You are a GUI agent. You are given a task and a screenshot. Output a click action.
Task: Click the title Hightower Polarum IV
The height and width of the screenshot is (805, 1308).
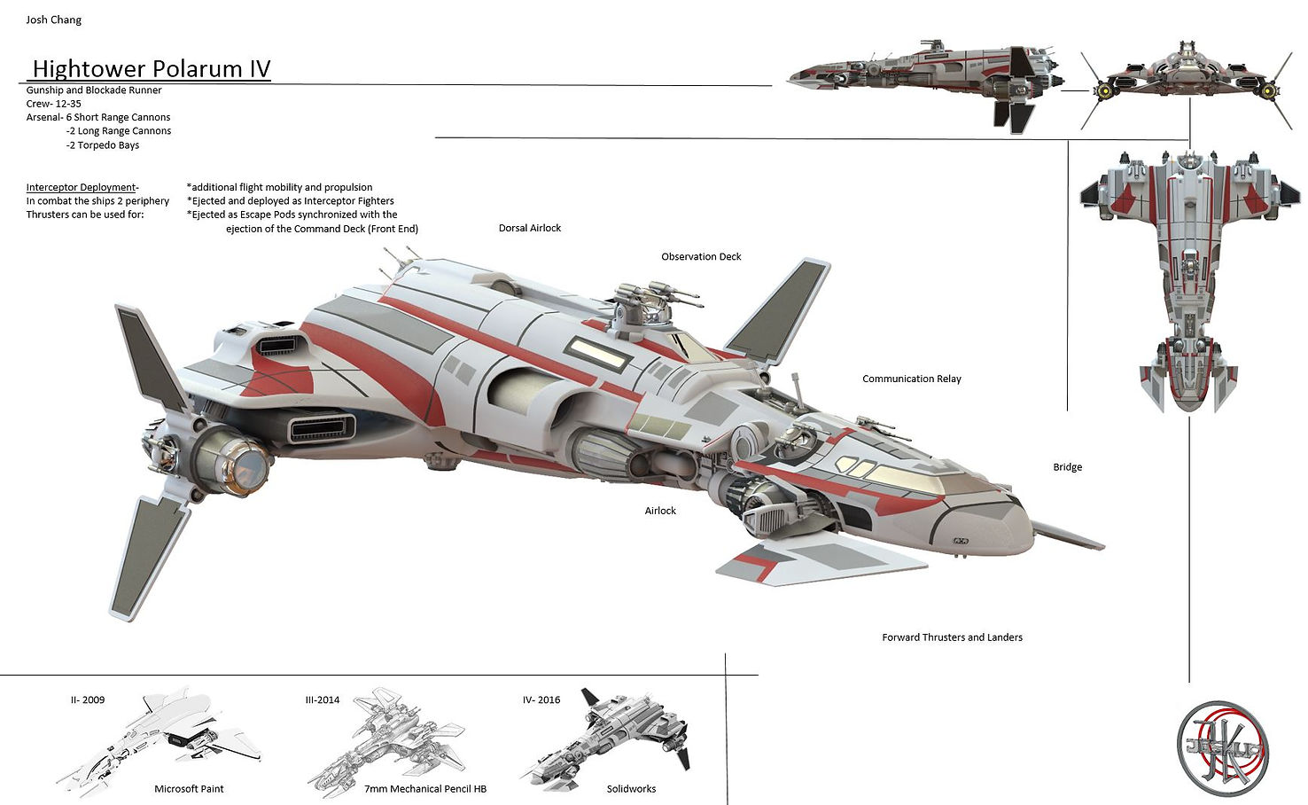[151, 69]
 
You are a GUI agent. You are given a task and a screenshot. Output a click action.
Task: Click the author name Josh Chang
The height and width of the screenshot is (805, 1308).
[54, 20]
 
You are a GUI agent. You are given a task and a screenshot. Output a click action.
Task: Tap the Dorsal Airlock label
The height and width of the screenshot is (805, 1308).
[530, 228]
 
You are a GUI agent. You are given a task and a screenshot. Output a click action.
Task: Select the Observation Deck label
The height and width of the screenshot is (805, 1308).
[701, 256]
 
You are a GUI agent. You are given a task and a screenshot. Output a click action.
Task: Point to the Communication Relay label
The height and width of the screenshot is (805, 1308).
[911, 379]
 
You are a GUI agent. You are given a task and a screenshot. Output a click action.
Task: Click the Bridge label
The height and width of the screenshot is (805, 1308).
[1067, 467]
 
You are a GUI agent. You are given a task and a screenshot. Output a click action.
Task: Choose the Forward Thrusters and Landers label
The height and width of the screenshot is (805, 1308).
[952, 637]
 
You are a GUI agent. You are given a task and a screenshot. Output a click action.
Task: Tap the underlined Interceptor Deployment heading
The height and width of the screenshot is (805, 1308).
[81, 187]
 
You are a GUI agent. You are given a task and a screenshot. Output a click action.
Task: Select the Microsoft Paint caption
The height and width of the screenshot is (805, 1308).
[189, 789]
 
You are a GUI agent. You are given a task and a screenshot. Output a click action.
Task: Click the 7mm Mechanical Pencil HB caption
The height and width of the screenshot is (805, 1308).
[425, 789]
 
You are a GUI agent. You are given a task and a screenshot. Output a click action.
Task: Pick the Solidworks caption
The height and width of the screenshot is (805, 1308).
[631, 789]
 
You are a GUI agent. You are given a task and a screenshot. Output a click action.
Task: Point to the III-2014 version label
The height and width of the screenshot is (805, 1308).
[323, 699]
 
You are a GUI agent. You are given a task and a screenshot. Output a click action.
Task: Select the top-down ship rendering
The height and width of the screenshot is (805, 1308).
[1189, 275]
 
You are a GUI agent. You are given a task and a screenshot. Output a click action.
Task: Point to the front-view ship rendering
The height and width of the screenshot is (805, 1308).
[1186, 80]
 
